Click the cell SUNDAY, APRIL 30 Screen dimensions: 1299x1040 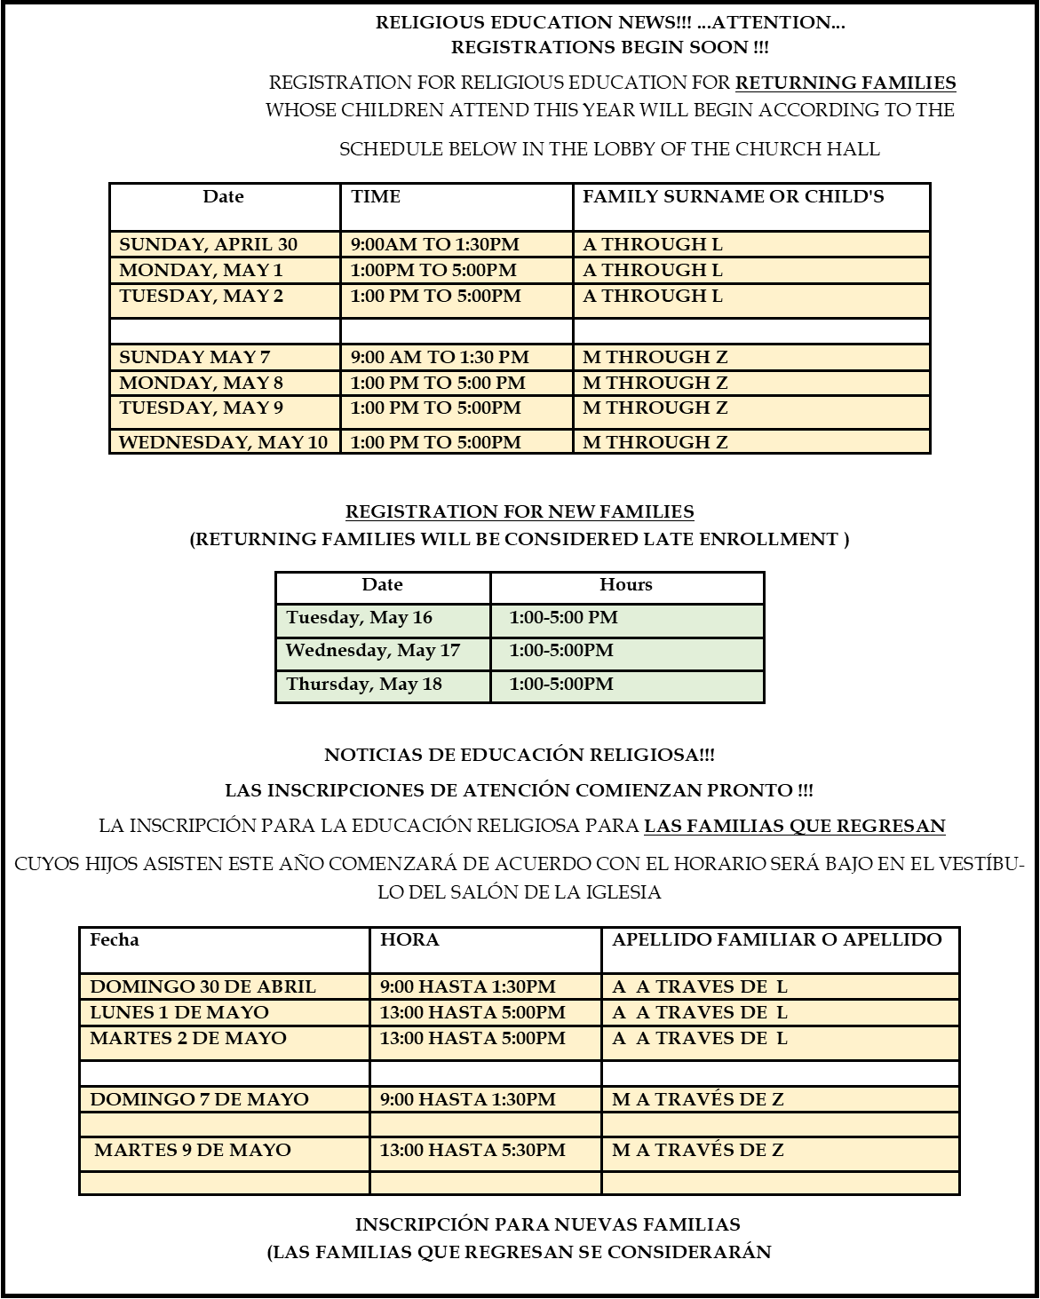click(209, 245)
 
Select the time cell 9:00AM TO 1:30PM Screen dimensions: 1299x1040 click(435, 245)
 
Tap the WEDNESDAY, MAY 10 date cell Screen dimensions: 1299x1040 click(224, 442)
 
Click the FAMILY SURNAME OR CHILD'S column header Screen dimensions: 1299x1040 click(734, 197)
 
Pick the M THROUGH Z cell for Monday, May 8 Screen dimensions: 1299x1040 click(655, 384)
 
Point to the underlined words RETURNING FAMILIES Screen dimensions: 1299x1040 click(845, 83)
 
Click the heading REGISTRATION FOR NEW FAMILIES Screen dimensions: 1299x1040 click(520, 512)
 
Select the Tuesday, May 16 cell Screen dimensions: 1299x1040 click(360, 618)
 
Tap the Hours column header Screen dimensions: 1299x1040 click(626, 585)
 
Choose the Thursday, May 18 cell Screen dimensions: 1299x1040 click(364, 685)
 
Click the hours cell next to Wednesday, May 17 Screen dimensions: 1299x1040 click(561, 651)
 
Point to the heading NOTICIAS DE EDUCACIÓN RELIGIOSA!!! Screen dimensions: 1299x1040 click(520, 756)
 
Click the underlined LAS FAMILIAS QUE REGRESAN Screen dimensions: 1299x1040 click(794, 826)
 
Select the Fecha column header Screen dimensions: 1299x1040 click(115, 940)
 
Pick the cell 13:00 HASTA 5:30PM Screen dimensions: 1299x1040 click(472, 1151)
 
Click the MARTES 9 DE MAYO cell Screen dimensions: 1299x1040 click(193, 1151)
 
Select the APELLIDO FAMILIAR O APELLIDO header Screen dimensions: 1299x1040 click(777, 940)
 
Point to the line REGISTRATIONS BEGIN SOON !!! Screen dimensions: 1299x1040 click(610, 48)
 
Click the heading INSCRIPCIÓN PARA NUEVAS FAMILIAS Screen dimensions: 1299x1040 click(548, 1225)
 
